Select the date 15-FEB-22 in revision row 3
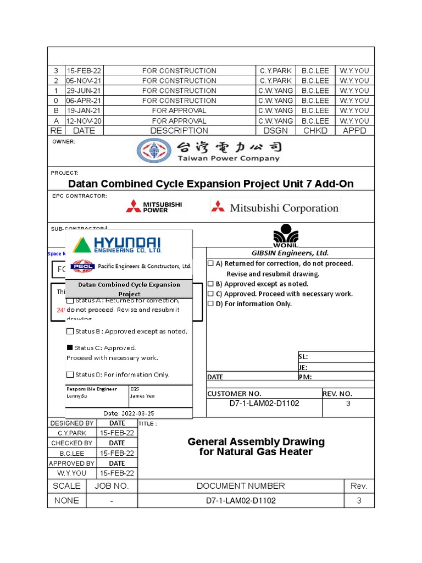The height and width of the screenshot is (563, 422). click(x=84, y=71)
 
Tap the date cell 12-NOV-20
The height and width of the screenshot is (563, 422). click(x=84, y=121)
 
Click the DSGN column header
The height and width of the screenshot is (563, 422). click(x=275, y=131)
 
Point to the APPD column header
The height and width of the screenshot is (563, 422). click(x=354, y=131)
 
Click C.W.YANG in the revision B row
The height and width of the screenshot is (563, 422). click(x=275, y=111)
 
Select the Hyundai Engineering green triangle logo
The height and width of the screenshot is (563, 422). click(x=82, y=245)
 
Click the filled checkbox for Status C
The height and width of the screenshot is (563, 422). click(x=70, y=348)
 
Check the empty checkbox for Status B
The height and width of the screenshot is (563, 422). click(x=70, y=332)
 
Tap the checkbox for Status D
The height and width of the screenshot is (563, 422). click(x=70, y=375)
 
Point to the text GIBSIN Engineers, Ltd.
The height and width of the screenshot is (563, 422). click(x=290, y=253)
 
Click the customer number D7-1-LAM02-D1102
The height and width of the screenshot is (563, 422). click(x=264, y=404)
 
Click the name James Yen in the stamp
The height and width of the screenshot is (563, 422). click(x=142, y=396)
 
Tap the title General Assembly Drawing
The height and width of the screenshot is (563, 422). click(x=256, y=442)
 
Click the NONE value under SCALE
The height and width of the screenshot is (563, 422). click(x=66, y=501)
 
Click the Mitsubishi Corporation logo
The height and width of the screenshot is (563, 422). click(x=275, y=208)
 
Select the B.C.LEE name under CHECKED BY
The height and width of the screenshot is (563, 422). click(x=72, y=454)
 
